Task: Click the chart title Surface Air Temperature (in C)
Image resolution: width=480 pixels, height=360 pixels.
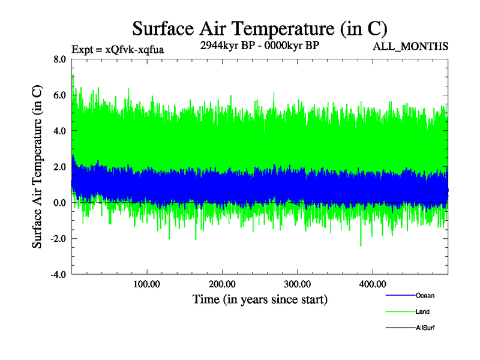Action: coord(260,28)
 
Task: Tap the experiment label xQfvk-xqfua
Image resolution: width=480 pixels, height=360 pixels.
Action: coord(118,49)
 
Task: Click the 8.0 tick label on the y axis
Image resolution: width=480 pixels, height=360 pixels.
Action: coord(60,59)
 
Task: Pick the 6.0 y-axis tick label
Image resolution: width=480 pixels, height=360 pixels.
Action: coord(60,95)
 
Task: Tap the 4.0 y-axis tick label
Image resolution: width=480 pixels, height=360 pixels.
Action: coord(60,131)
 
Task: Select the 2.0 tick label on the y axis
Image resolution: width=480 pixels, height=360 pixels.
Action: coord(60,167)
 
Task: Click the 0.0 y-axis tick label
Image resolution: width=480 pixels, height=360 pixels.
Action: coord(60,203)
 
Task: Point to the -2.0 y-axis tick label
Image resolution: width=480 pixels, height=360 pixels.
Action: coord(58,239)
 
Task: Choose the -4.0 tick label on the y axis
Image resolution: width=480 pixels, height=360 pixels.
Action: coord(58,275)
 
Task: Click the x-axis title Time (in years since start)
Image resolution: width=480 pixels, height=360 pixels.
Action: coord(260,299)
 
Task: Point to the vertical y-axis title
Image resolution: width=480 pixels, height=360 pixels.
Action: coord(37,167)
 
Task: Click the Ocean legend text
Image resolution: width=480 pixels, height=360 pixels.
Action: coord(425,296)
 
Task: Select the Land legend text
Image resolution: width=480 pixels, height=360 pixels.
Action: coord(422,312)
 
